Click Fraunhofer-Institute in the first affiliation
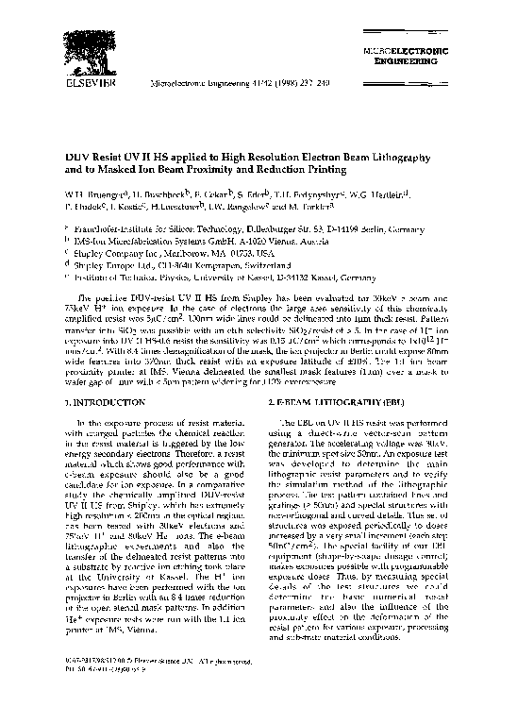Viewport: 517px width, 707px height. (x=118, y=228)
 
